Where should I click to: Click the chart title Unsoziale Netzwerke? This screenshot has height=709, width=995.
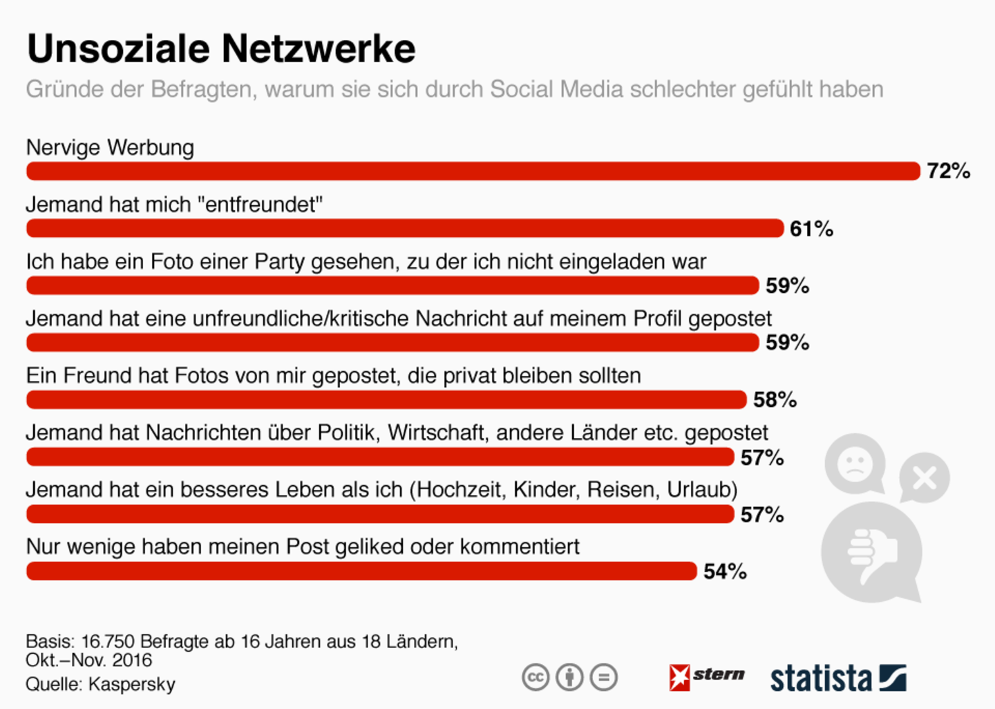pyautogui.click(x=221, y=49)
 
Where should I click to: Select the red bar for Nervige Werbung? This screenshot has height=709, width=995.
pyautogui.click(x=473, y=171)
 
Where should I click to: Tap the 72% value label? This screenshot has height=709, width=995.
pyautogui.click(x=948, y=171)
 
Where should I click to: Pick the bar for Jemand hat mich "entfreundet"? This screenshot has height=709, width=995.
pyautogui.click(x=404, y=228)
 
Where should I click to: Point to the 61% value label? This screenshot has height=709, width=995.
pyautogui.click(x=811, y=229)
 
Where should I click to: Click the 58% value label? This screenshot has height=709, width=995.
pyautogui.click(x=775, y=399)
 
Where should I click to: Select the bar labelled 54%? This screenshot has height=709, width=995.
pyautogui.click(x=361, y=571)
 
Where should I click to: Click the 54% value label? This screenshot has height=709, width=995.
pyautogui.click(x=725, y=571)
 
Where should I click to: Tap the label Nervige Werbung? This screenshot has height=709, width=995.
pyautogui.click(x=110, y=147)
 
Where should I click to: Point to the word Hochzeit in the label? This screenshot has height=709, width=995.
pyautogui.click(x=462, y=489)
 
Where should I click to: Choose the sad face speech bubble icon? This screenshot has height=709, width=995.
pyautogui.click(x=855, y=464)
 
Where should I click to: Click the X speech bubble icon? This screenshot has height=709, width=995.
pyautogui.click(x=925, y=478)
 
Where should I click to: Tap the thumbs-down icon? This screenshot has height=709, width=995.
pyautogui.click(x=871, y=552)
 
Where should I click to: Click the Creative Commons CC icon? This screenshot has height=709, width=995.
pyautogui.click(x=536, y=677)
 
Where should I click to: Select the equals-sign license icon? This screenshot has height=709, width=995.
pyautogui.click(x=604, y=677)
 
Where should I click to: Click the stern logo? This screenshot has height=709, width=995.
pyautogui.click(x=706, y=676)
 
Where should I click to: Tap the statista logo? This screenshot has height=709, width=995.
pyautogui.click(x=837, y=678)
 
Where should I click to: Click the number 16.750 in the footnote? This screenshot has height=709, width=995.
pyautogui.click(x=108, y=641)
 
